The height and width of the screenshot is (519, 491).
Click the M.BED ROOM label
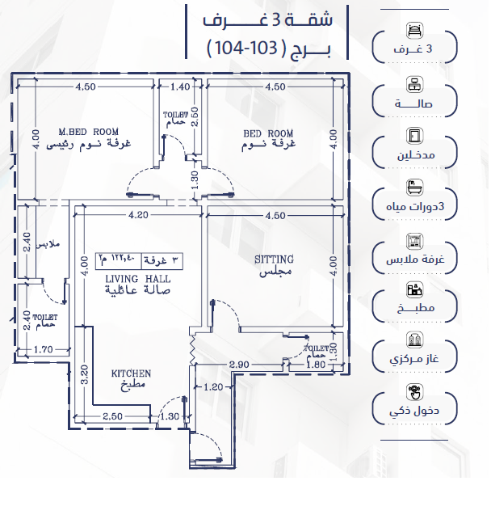coord(88,132)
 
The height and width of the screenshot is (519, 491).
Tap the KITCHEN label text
coord(131,373)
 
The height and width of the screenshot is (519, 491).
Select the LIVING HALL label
coord(138,279)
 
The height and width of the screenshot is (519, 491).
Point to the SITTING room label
coord(274,259)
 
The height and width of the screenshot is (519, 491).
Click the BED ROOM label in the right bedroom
coord(268,133)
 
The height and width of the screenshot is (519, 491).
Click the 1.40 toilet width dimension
coord(180,86)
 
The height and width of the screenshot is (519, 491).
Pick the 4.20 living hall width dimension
coord(138,215)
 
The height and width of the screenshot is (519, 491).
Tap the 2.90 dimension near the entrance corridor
coord(239,365)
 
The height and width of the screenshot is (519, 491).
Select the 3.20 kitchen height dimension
coord(85,374)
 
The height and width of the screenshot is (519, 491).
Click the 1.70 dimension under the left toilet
coord(43,349)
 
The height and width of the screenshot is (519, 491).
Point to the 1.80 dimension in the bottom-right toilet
coord(316,365)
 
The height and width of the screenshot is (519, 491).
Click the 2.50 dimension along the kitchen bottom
coord(112,416)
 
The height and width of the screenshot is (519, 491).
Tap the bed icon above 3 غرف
coord(414,30)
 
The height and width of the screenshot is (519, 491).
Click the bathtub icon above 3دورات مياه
coord(414,188)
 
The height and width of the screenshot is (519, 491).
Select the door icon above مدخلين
coord(414,135)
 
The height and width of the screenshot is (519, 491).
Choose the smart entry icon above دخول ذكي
coord(414,391)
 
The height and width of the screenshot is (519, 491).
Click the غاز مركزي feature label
coord(414,359)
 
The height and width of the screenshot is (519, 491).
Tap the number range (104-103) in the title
coord(246,49)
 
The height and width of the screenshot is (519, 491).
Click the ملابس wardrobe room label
coord(48,245)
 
